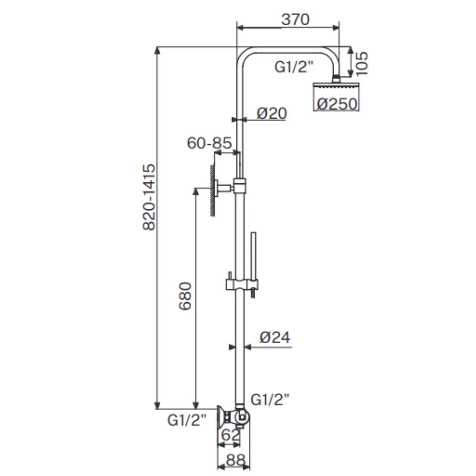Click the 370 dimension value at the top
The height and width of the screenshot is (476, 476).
point(295,19)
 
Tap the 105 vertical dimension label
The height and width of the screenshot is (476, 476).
point(361,63)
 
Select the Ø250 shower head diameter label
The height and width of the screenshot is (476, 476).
point(337,104)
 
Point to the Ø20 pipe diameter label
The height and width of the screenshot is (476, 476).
point(272,113)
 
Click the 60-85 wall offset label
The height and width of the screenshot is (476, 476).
point(209,143)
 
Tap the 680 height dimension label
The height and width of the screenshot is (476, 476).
point(185,296)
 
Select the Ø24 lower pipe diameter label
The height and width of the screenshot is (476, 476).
point(275,337)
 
